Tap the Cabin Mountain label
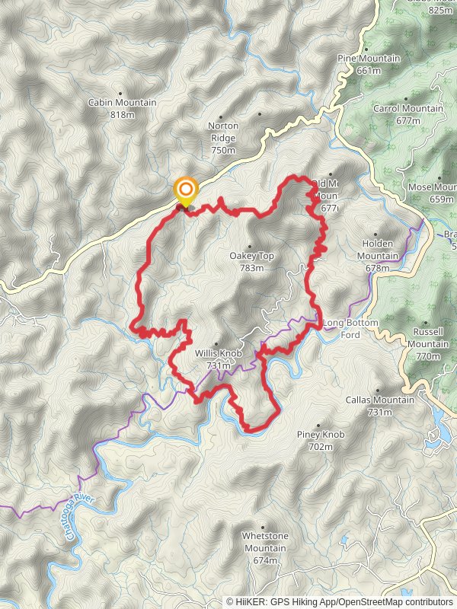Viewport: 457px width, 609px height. [x=122, y=103]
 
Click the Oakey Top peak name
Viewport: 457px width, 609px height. [x=251, y=257]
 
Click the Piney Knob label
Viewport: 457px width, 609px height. [x=320, y=435]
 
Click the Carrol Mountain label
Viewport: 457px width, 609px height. [x=408, y=109]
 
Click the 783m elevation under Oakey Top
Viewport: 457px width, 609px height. [x=251, y=268]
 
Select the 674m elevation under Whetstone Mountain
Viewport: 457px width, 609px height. [x=265, y=561]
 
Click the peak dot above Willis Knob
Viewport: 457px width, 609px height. [x=216, y=344]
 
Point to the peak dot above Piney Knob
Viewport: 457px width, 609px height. [x=318, y=425]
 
